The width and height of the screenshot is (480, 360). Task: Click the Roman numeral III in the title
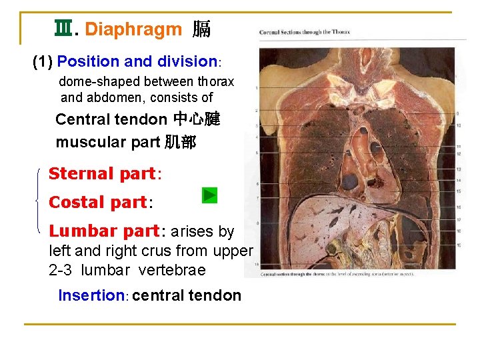pos(64,29)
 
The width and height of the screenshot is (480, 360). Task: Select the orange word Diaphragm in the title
pos(133,29)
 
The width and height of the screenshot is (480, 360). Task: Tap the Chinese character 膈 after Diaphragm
pos(201,29)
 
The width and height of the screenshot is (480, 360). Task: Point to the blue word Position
pos(89,62)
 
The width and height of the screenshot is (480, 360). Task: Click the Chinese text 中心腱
pos(196,120)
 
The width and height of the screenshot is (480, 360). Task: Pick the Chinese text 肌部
pos(180,143)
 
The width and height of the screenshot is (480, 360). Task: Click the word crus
pos(162,251)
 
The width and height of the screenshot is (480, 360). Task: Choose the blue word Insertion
pos(91,295)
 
